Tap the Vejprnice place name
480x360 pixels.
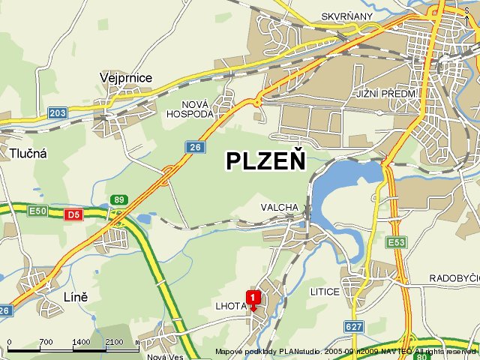click(x=126, y=77)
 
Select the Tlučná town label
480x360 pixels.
click(x=28, y=153)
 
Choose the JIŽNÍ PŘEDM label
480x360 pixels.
click(x=384, y=93)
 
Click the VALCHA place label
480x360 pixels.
click(x=279, y=207)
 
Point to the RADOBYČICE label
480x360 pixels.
click(x=454, y=277)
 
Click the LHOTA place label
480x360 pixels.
click(x=231, y=307)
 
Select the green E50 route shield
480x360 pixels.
click(x=37, y=211)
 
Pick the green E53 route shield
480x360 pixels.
click(x=396, y=242)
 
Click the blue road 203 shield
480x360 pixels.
click(x=57, y=112)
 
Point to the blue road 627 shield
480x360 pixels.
click(x=354, y=326)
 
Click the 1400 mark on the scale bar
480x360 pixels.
click(x=81, y=342)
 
